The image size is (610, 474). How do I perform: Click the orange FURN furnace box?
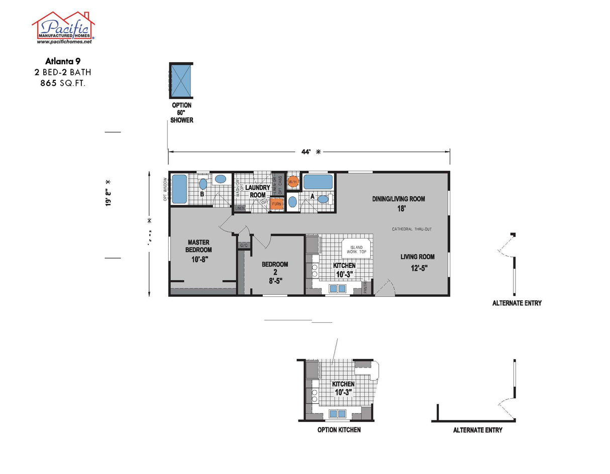(276, 204)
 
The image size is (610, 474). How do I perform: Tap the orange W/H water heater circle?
(293, 181)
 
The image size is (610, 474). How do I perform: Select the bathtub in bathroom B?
(179, 189)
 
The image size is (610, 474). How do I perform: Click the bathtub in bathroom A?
(318, 181)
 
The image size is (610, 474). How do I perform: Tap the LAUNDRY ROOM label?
(258, 191)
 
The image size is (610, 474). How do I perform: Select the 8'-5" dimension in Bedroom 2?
(274, 281)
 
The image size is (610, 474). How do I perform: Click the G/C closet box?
(244, 245)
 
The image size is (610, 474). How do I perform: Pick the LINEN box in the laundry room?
(240, 208)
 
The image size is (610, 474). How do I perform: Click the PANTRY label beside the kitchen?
(366, 287)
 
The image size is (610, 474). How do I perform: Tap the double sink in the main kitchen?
(337, 288)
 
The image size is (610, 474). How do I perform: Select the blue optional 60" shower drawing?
(181, 81)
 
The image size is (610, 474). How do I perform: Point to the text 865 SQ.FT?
(63, 83)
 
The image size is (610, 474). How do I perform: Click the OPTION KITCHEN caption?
(339, 430)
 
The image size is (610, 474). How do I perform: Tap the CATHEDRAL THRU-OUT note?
(412, 229)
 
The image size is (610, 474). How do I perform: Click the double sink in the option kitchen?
(337, 414)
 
